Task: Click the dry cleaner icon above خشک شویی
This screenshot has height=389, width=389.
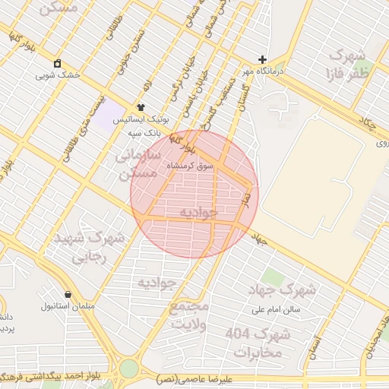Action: click(x=57, y=63)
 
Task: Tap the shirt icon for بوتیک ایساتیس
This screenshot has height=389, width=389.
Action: click(x=141, y=107)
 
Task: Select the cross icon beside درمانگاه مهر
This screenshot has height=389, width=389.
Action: click(x=262, y=59)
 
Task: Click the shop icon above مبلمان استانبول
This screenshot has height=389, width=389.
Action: click(x=68, y=294)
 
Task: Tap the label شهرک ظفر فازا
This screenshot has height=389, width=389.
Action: click(x=348, y=65)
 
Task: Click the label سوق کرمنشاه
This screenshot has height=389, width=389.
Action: click(x=197, y=165)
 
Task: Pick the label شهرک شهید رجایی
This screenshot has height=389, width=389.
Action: click(x=90, y=246)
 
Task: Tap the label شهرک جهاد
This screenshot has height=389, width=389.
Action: click(x=281, y=289)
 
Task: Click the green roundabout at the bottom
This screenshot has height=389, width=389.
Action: click(x=129, y=369)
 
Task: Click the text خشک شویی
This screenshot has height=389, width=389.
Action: click(x=57, y=76)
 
